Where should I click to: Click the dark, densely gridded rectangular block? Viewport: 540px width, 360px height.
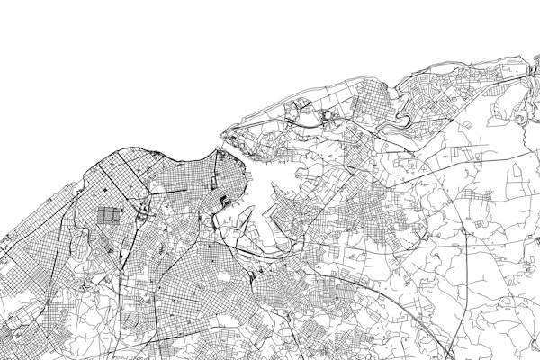coord(107,216)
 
